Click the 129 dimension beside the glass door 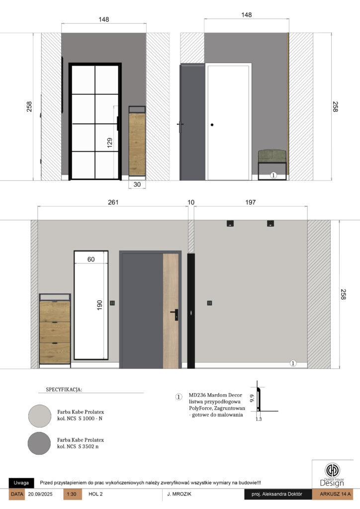tap(110, 143)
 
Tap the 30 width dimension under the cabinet tap(137, 184)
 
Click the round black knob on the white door tap(212, 125)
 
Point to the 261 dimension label tap(113, 202)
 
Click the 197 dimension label tap(250, 202)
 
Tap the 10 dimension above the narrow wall tap(191, 202)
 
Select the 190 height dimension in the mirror tap(99, 305)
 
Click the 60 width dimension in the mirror tap(91, 259)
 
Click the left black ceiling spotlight tap(230, 223)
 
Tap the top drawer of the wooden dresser tap(55, 311)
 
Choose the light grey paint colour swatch tap(40, 416)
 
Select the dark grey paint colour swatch tap(39, 443)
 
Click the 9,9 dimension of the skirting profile tap(252, 398)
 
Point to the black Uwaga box tap(21, 483)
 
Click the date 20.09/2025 tap(40, 494)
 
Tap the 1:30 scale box tap(72, 494)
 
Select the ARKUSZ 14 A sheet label tap(335, 494)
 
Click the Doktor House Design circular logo tap(333, 470)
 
